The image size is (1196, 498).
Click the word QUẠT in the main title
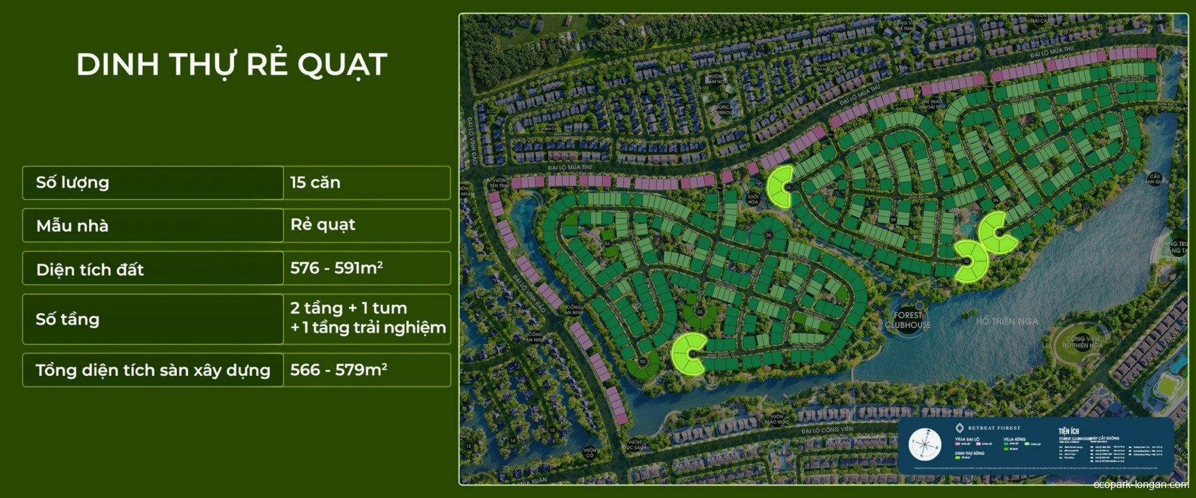(x=342, y=65)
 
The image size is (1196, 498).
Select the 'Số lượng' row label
(x=72, y=183)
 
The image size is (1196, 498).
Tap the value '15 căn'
(x=315, y=183)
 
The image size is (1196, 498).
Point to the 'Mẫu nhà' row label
(x=72, y=226)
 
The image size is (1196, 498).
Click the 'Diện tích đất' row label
(x=90, y=270)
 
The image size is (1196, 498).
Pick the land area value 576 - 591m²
(x=336, y=268)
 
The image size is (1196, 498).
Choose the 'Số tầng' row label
(x=67, y=319)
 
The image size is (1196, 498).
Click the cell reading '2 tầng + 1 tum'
(x=348, y=308)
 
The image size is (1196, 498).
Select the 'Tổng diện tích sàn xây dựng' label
(x=153, y=371)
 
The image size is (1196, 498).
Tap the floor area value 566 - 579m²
(x=338, y=370)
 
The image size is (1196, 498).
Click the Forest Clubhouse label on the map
(x=908, y=320)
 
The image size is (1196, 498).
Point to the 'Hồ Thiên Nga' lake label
(x=1007, y=321)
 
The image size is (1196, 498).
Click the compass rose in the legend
(x=925, y=445)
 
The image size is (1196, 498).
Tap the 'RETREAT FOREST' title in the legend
(x=993, y=428)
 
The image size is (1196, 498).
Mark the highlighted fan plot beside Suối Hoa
(x=780, y=186)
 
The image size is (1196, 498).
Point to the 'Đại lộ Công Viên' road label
(x=827, y=430)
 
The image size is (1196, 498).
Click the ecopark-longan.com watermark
(x=1140, y=485)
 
